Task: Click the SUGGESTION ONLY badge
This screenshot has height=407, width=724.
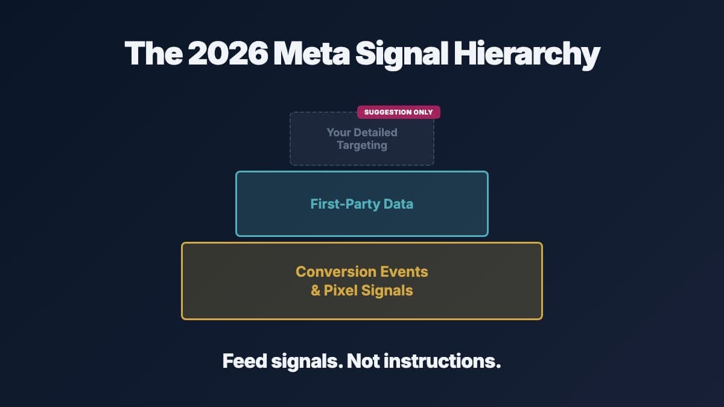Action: point(398,112)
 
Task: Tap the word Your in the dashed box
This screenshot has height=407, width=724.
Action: point(338,132)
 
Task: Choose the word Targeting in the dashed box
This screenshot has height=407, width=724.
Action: point(362,145)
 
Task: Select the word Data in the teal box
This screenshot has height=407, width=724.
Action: point(399,204)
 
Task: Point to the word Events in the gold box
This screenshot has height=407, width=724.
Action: point(404,271)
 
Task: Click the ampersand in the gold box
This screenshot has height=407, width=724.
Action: point(316,291)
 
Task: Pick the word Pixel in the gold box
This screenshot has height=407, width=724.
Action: point(341,291)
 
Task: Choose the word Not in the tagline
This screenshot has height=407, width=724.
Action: point(361,361)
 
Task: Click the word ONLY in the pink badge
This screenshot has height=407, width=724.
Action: point(422,112)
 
